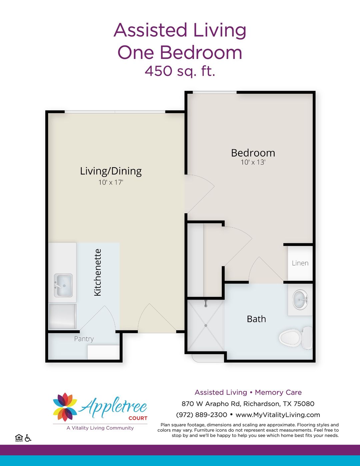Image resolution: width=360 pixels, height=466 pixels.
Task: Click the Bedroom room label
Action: click(253, 153)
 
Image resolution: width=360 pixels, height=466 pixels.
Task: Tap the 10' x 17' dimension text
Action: click(111, 182)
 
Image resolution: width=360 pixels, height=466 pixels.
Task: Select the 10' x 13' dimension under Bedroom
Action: click(253, 162)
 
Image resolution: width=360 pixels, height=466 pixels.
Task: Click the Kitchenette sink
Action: click(63, 285)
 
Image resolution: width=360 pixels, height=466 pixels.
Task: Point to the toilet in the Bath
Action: click(295, 338)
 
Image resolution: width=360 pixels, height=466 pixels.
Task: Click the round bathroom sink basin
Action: click(300, 299)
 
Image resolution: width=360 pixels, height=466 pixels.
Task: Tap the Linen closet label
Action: click(300, 263)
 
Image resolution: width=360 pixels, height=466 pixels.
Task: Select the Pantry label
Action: click(84, 339)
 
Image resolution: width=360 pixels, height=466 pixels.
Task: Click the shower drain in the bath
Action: click(206, 325)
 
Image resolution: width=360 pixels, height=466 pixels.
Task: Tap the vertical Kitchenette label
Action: click(97, 272)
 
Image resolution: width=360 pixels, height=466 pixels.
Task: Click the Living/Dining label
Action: click(111, 171)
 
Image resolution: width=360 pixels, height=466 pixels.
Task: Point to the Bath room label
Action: click(256, 319)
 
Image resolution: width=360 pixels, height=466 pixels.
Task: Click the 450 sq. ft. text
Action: click(180, 71)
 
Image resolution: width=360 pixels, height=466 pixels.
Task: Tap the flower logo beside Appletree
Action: click(65, 407)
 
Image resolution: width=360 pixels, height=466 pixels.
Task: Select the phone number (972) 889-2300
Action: click(201, 415)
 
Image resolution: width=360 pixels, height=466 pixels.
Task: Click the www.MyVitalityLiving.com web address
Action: click(278, 415)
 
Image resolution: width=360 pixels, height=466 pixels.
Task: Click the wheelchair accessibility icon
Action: click(28, 438)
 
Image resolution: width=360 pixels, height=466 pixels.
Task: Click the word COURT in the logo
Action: click(138, 418)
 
